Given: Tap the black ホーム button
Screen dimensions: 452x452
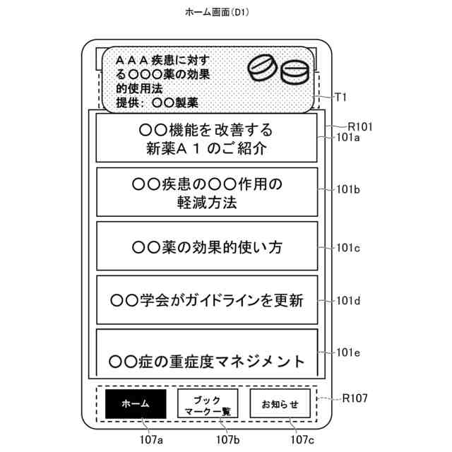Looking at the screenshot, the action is tap(136, 404).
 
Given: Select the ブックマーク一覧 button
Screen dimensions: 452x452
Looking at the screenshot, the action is tap(207, 404).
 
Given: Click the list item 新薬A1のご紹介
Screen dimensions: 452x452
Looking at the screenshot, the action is tap(206, 139).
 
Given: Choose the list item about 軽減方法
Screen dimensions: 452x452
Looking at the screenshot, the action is tap(206, 192).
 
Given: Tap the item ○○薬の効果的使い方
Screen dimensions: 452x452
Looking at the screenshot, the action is tap(206, 247).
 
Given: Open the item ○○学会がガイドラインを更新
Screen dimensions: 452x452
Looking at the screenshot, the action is tap(206, 300).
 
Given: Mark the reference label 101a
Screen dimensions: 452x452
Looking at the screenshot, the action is tap(348, 138).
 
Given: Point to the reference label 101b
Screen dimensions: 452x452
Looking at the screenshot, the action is tap(348, 190).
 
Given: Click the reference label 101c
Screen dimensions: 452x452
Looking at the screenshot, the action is tap(348, 247).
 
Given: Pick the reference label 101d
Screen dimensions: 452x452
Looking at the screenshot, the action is tap(348, 301).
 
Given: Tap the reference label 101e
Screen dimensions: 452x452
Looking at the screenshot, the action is tap(348, 352).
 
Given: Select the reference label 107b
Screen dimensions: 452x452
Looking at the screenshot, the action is tap(227, 439).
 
